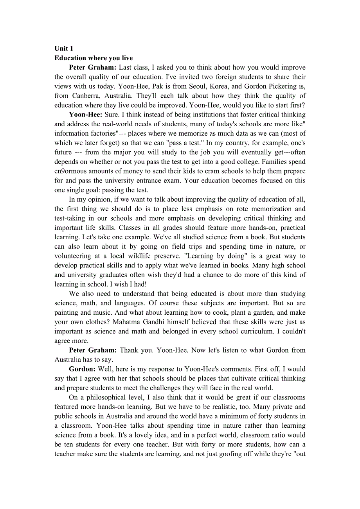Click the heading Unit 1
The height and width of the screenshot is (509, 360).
tap(64, 48)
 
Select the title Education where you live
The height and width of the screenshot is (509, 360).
tap(94, 58)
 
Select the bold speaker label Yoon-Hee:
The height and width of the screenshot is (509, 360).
tap(85, 115)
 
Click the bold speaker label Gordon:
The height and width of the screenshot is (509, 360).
tap(82, 369)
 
